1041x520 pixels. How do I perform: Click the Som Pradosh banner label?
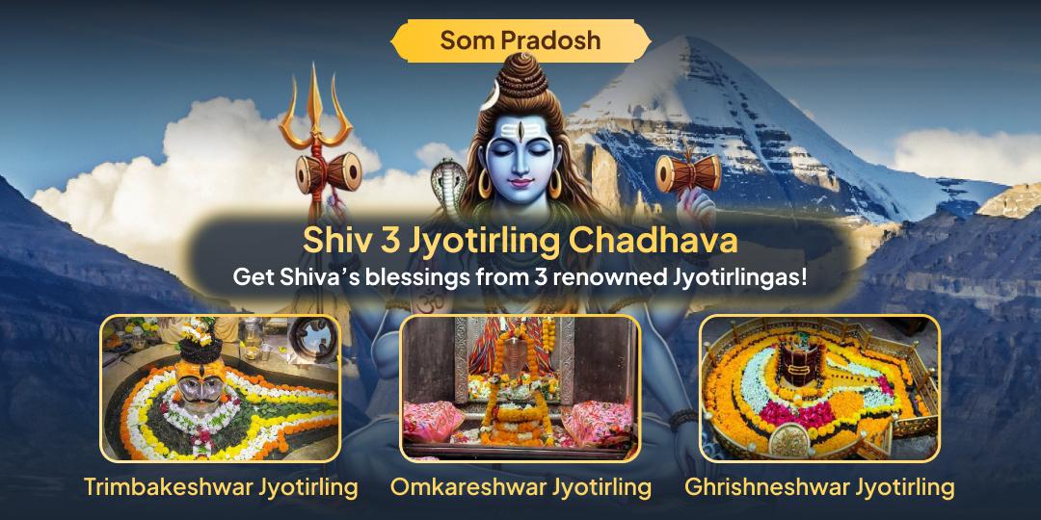(520, 39)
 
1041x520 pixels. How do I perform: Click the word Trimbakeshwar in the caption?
(167, 486)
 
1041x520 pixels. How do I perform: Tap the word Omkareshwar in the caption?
(467, 486)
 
